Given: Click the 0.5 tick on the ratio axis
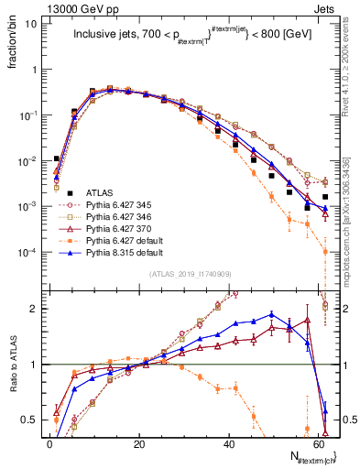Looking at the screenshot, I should pos(27,420).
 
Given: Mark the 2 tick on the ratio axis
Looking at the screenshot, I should pos(32,309).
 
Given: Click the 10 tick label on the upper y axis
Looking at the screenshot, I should pos(29,24).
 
